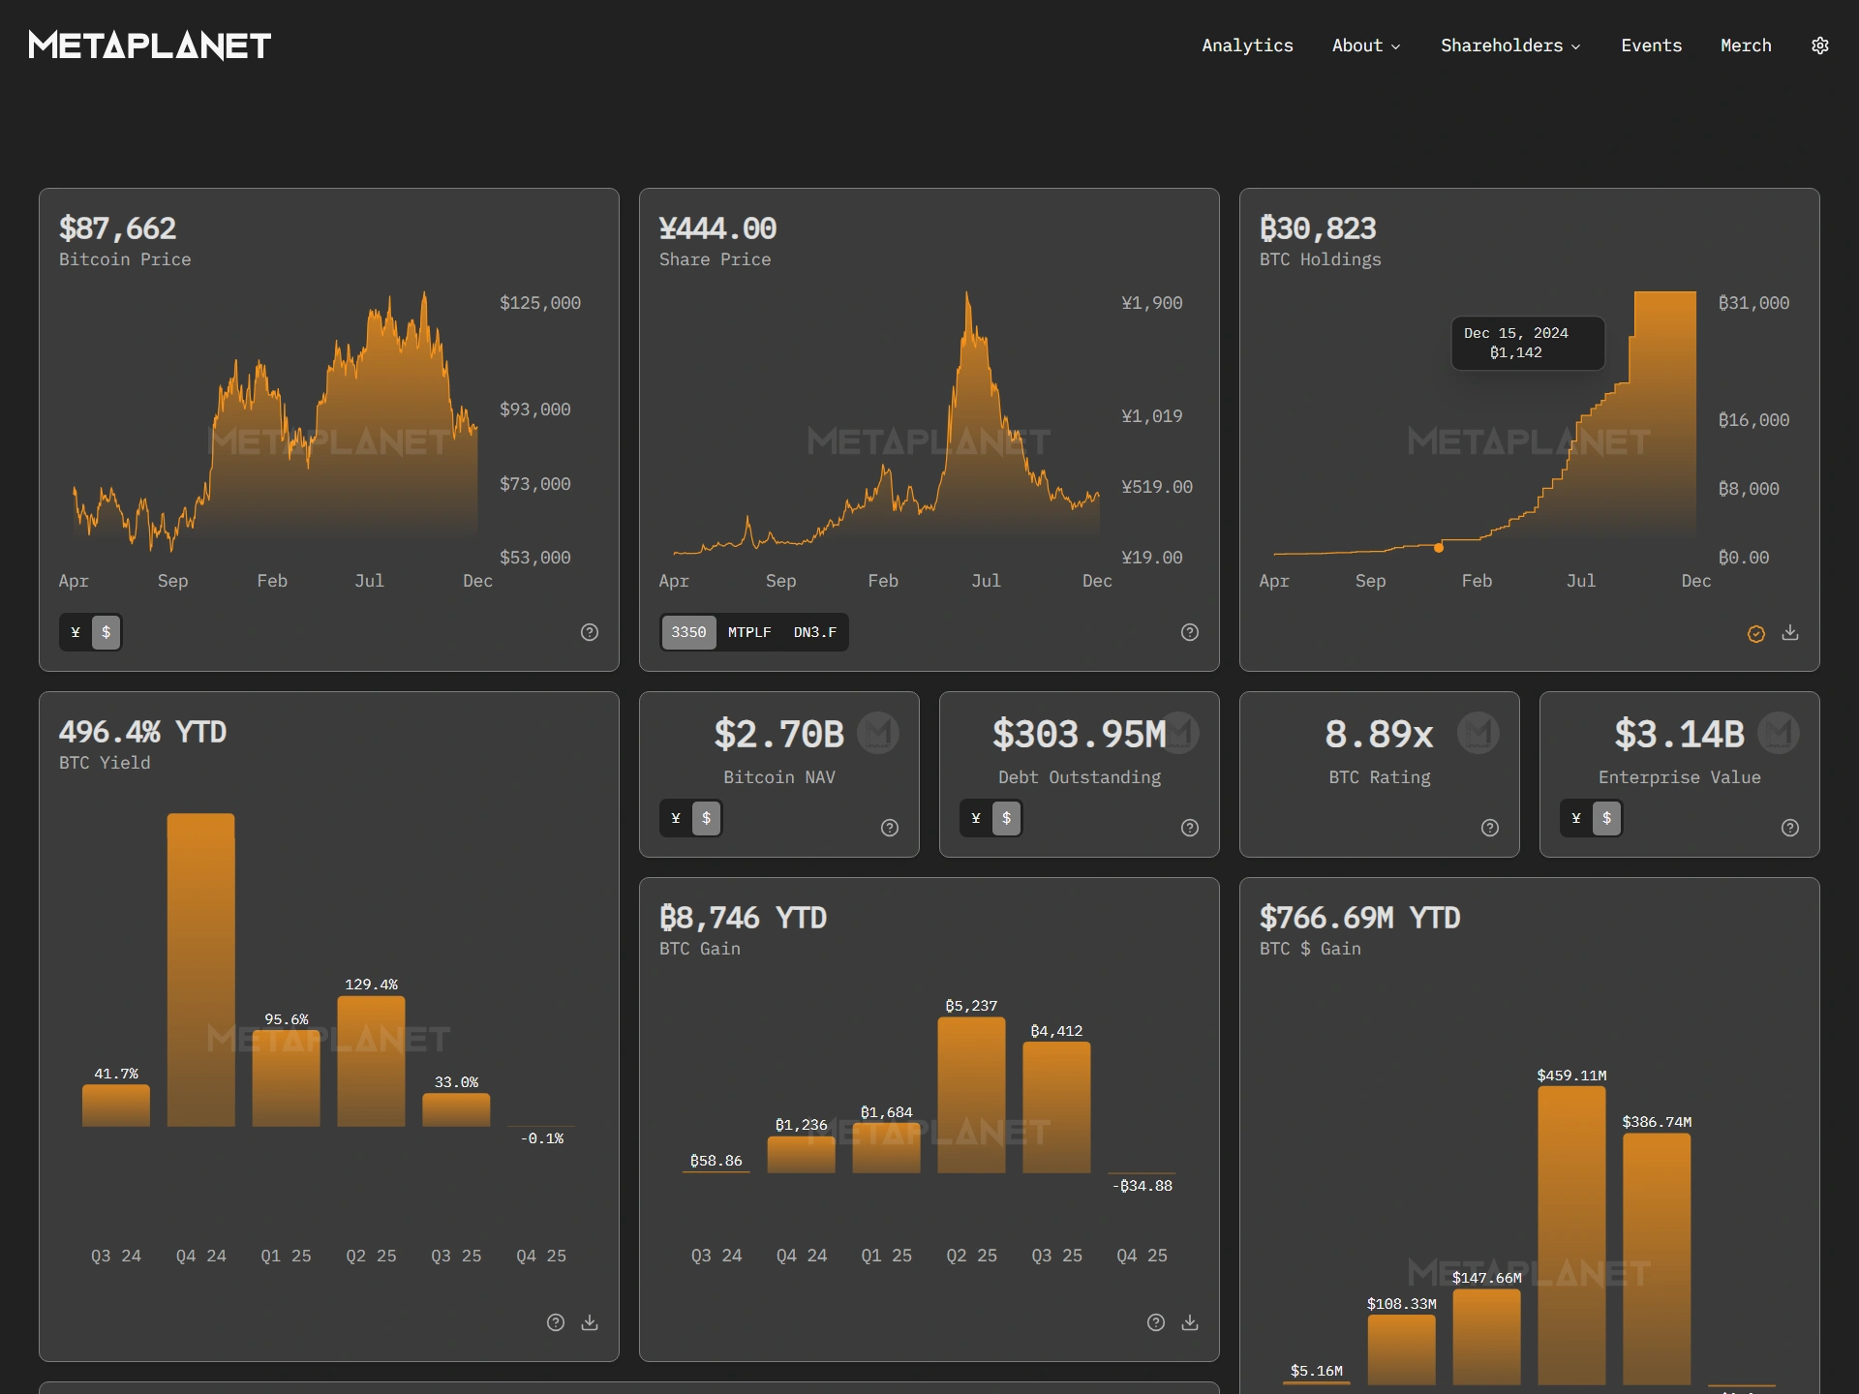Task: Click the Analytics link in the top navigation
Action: tap(1247, 45)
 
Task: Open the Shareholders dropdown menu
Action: tap(1509, 45)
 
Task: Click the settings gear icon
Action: tap(1819, 45)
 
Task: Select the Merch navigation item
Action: tap(1746, 45)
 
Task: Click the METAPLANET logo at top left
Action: tap(150, 45)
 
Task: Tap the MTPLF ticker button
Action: tap(749, 632)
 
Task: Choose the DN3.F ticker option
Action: tap(814, 632)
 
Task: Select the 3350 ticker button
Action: tap(688, 632)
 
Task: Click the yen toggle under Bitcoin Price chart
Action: tap(76, 632)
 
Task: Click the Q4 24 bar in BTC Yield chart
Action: tap(200, 968)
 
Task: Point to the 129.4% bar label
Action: tap(371, 985)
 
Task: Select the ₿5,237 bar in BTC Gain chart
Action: tap(971, 1094)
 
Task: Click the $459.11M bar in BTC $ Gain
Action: tap(1571, 1229)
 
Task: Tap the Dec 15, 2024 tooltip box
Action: tap(1527, 343)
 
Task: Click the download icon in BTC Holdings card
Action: tap(1790, 632)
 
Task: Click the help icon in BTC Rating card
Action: tap(1490, 828)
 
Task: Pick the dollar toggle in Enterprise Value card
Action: tap(1606, 818)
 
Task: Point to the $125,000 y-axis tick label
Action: tap(539, 303)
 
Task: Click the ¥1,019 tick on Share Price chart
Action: tap(1151, 416)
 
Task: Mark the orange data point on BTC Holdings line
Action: tap(1439, 548)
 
